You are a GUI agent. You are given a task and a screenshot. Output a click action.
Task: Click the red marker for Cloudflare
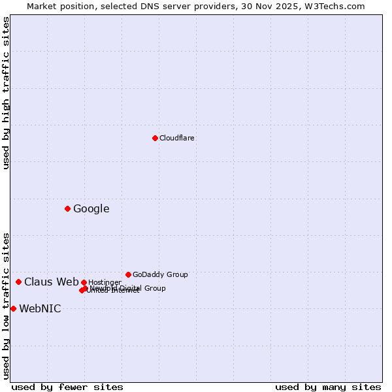click(155, 138)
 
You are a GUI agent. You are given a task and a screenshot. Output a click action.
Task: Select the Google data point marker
click(67, 208)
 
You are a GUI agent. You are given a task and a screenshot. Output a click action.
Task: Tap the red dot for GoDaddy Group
click(128, 274)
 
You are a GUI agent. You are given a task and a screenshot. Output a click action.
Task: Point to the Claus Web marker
click(18, 282)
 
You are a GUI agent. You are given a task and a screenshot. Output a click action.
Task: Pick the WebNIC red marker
click(13, 308)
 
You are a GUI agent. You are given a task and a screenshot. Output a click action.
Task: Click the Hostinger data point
click(84, 282)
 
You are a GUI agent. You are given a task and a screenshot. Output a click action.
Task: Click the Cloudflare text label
click(177, 138)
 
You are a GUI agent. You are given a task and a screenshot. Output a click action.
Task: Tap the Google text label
click(91, 209)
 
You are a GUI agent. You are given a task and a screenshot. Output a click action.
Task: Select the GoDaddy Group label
click(160, 274)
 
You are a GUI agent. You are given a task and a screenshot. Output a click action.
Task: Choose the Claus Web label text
click(52, 282)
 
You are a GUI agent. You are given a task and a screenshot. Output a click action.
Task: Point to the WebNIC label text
click(40, 309)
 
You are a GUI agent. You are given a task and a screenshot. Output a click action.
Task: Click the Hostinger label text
click(105, 282)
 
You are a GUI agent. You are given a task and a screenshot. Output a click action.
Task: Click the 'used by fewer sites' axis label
click(67, 387)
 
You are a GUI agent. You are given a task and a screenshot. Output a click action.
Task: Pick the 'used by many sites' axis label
click(328, 387)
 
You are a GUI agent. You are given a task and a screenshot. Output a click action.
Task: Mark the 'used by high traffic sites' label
click(6, 93)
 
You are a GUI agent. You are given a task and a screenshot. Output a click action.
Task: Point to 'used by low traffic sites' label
click(6, 306)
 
